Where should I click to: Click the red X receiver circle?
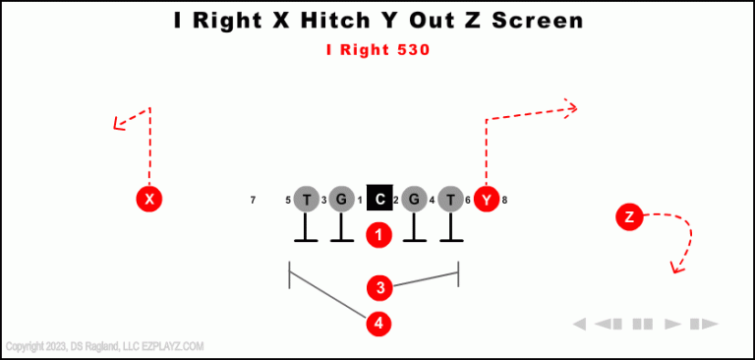point(148,200)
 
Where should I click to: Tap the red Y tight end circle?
point(487,200)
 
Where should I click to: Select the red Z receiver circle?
point(629,217)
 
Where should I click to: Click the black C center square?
point(379,200)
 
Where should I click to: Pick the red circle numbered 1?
point(379,235)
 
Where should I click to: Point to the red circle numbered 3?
point(379,288)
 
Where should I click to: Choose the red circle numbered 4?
point(379,323)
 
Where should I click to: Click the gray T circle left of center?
point(307,200)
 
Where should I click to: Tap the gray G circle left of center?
point(341,200)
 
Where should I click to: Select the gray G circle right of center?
point(414,200)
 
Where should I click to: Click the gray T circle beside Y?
point(450,200)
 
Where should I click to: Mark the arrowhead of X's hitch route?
point(118,124)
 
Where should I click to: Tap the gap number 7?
point(253,201)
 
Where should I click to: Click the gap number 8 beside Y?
point(504,201)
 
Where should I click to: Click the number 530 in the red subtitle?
point(411,49)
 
